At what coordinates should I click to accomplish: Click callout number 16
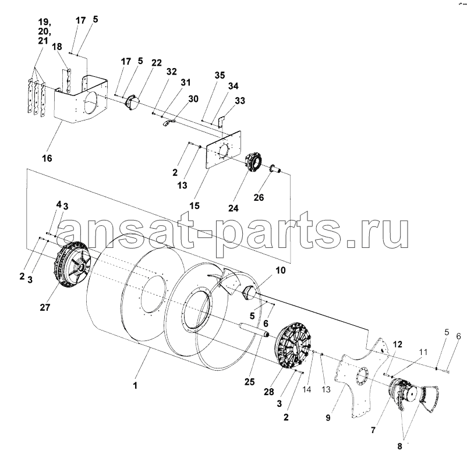[x=47, y=158]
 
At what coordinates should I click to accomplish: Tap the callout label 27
[x=45, y=307]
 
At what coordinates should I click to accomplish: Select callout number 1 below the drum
[x=135, y=385]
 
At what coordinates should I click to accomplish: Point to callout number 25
[x=250, y=381]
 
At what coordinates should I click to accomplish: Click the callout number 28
[x=268, y=392]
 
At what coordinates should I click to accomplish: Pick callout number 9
[x=328, y=418]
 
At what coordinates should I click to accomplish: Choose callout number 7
[x=373, y=430]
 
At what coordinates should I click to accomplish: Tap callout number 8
[x=399, y=446]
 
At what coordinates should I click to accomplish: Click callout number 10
[x=281, y=270]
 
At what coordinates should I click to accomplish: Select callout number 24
[x=233, y=208]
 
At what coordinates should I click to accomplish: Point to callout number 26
[x=259, y=197]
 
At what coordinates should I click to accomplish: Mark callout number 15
[x=194, y=205]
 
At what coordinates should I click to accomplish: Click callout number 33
[x=240, y=101]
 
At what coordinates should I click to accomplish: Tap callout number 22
[x=157, y=63]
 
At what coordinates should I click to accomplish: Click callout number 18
[x=57, y=47]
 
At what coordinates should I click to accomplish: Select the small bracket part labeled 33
[x=221, y=121]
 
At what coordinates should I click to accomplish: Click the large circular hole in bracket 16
[x=91, y=102]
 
